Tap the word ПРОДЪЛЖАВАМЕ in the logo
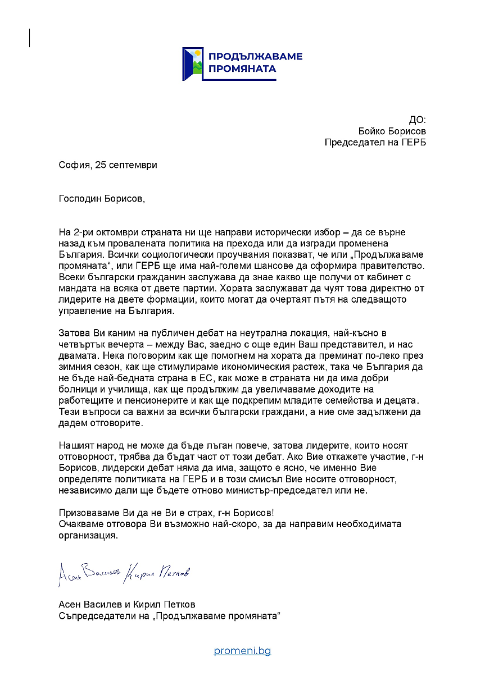point(255,56)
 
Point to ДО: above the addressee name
point(417,120)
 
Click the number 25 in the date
point(101,165)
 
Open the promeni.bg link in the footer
point(242,651)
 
